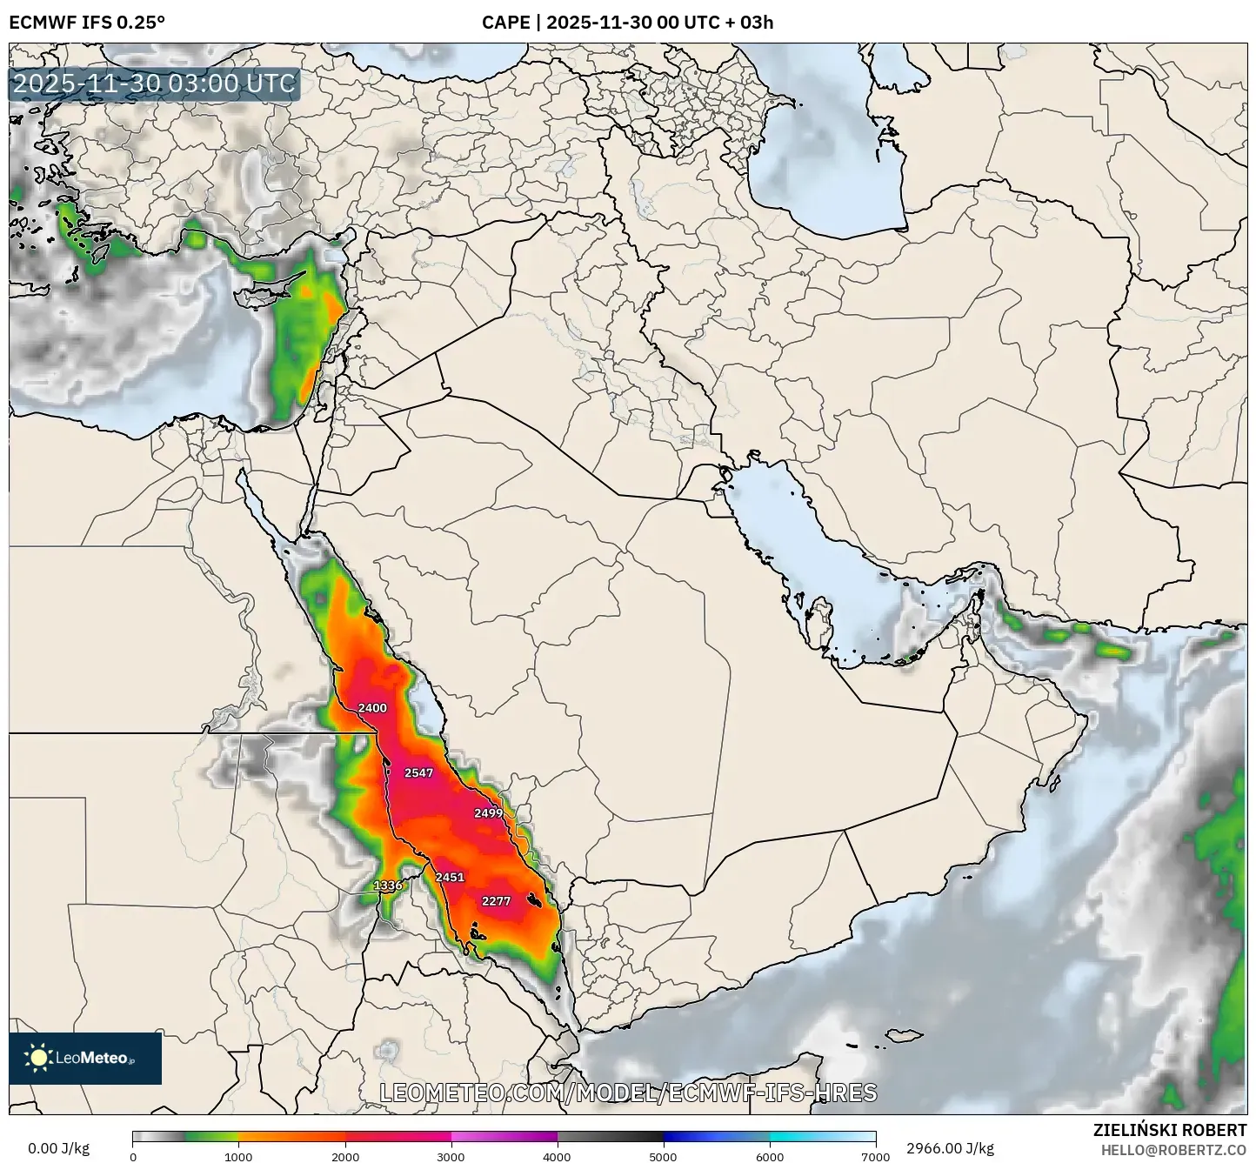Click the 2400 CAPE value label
(x=372, y=708)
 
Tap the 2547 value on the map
(x=418, y=772)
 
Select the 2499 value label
(x=488, y=813)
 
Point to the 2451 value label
(x=450, y=877)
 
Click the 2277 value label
(x=496, y=901)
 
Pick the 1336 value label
(x=388, y=886)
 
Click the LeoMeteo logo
(x=85, y=1059)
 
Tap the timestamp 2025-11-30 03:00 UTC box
(x=154, y=84)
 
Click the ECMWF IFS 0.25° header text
(x=86, y=22)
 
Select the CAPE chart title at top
(x=627, y=22)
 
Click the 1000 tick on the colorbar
(x=238, y=1157)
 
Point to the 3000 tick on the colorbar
(x=451, y=1157)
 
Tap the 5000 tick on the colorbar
(x=663, y=1157)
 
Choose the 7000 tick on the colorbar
(x=875, y=1157)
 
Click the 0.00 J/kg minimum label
(x=59, y=1148)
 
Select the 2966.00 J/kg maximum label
(x=950, y=1148)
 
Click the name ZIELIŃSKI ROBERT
(x=1169, y=1130)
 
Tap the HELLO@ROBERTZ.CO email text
(x=1173, y=1149)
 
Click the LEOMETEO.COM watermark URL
(x=628, y=1093)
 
